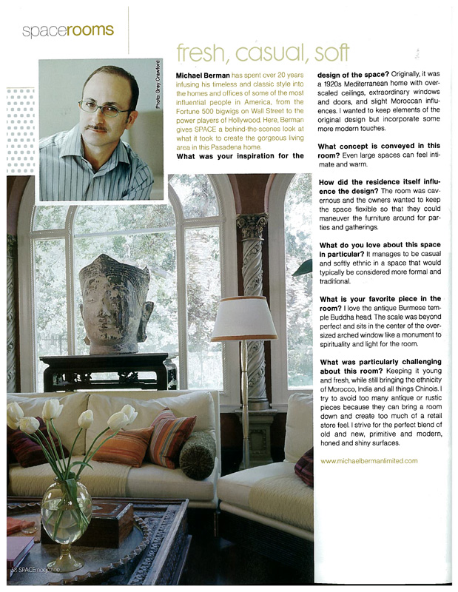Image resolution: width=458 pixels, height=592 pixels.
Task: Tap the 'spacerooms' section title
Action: click(x=67, y=30)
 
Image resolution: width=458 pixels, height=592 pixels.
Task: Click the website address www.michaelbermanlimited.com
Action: click(x=368, y=460)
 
